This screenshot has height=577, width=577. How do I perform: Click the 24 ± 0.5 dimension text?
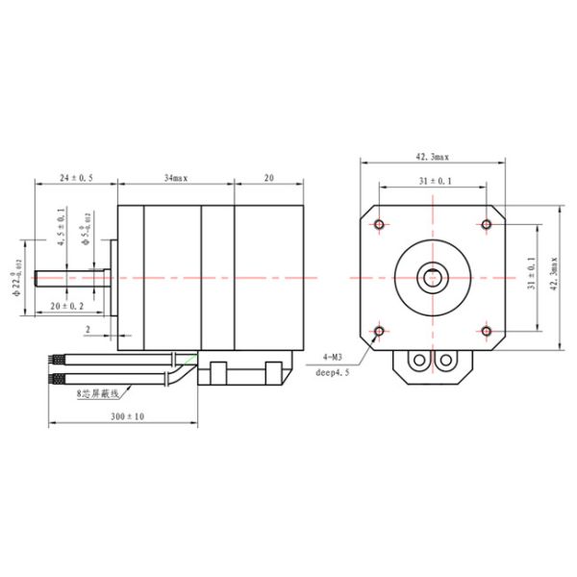point(76,178)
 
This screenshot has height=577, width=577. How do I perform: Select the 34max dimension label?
point(175,178)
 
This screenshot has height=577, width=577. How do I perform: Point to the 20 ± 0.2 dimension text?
point(66,305)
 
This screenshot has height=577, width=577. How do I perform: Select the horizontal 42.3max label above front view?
point(433,155)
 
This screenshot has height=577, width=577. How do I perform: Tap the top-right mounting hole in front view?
point(487,224)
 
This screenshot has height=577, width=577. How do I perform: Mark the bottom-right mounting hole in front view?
point(487,332)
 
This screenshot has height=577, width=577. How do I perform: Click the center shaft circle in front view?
point(433,279)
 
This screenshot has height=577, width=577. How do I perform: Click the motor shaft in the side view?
point(72,279)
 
